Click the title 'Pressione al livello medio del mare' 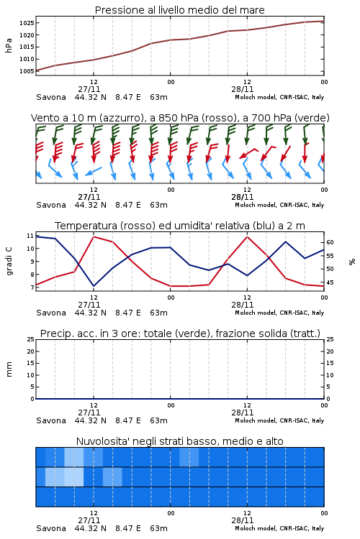(x=179, y=10)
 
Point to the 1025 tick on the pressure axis (x=27, y=23)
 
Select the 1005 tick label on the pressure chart (x=27, y=71)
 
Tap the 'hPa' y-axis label (x=9, y=45)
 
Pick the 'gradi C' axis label (x=9, y=262)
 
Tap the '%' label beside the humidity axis (x=352, y=262)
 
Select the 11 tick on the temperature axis (x=30, y=236)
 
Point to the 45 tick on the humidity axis (x=330, y=282)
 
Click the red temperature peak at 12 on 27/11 (x=94, y=236)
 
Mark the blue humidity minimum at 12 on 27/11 (x=94, y=286)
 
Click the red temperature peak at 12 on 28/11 (x=247, y=236)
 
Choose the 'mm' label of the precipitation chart (x=9, y=369)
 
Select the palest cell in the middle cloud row (x=74, y=476)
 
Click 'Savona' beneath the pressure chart (x=51, y=97)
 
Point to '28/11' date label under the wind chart (x=242, y=197)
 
